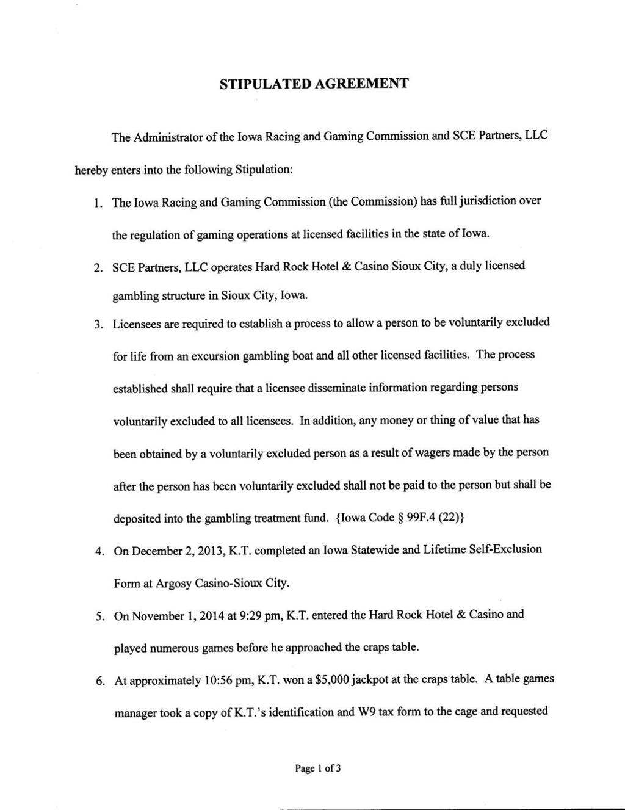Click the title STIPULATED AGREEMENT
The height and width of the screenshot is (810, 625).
coord(313,84)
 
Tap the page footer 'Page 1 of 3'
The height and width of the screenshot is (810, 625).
coord(317,768)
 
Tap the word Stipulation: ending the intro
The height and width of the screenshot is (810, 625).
coord(265,169)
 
